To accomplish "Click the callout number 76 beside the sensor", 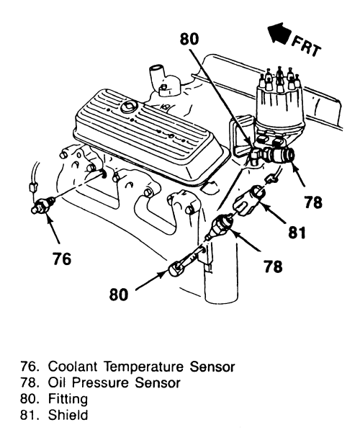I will pyautogui.click(x=63, y=257).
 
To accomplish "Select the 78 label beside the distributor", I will pyautogui.click(x=312, y=202).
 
